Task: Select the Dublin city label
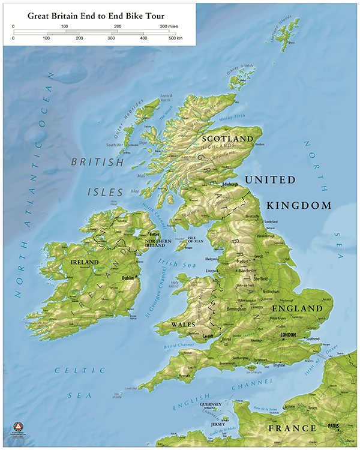click(127, 278)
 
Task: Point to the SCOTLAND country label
click(228, 139)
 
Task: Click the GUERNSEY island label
click(211, 405)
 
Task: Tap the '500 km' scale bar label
click(176, 38)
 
